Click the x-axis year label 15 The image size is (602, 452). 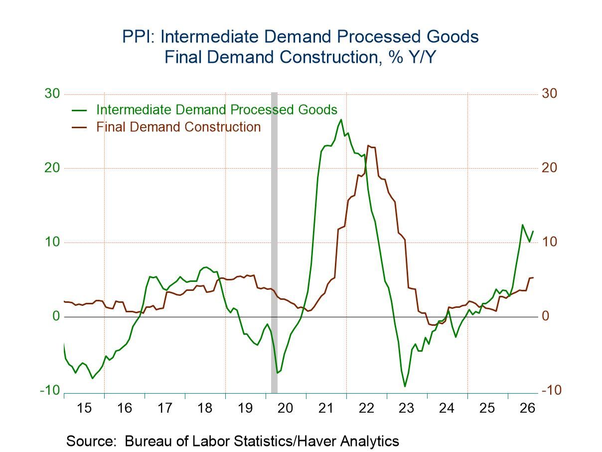click(84, 408)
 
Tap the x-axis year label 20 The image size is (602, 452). click(285, 408)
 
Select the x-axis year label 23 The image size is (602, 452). click(406, 408)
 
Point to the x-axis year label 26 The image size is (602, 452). click(527, 408)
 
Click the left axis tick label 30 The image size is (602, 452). click(52, 94)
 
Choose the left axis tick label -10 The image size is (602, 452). click(50, 390)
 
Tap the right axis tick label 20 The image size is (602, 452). click(549, 168)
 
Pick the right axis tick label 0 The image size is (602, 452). click(546, 316)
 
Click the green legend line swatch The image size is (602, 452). click(79, 110)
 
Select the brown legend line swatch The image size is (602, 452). click(79, 127)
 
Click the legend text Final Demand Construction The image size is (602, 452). click(178, 127)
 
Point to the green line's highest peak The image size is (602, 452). click(341, 119)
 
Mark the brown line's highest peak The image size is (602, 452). click(368, 146)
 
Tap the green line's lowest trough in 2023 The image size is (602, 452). click(405, 387)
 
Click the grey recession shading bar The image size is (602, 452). click(274, 242)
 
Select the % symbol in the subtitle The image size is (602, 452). click(396, 57)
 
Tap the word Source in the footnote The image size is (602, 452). click(90, 442)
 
